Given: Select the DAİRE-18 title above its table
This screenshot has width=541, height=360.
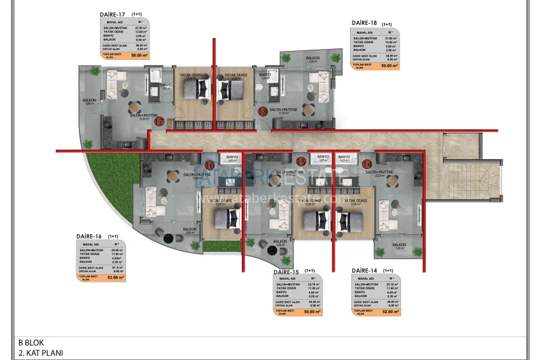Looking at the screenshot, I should (x=365, y=23).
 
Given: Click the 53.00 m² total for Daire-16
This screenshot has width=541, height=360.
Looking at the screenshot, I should (x=116, y=277).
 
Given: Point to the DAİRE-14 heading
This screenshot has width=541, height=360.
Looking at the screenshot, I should (x=365, y=271).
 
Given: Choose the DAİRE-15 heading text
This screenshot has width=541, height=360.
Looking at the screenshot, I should (x=287, y=272).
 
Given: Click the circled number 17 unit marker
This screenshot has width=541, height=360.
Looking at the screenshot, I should (x=160, y=121).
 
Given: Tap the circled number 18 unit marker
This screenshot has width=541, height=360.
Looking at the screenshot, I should (x=262, y=112).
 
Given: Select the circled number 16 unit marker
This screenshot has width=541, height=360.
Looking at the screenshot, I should (x=209, y=165).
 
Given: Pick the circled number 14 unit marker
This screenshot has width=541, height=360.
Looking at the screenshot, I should (x=367, y=164).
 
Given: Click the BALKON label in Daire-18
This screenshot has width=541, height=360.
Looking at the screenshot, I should (x=312, y=58).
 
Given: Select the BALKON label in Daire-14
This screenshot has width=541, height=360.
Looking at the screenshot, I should (x=399, y=245).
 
